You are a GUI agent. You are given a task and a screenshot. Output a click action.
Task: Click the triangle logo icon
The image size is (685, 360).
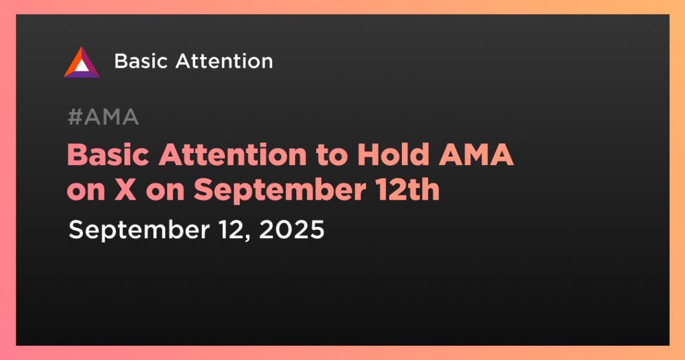82,62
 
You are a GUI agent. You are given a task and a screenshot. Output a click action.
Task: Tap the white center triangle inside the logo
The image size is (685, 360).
82,65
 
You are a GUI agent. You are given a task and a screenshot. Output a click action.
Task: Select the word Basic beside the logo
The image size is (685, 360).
141,61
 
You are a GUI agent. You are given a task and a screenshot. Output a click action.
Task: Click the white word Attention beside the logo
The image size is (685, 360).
224,61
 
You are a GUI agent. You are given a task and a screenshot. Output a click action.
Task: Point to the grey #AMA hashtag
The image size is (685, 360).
104,117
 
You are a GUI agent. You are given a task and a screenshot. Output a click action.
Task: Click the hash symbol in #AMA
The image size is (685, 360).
75,117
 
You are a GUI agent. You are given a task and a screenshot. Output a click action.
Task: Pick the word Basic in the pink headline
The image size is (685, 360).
108,154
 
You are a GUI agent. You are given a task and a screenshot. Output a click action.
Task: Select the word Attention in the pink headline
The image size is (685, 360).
233,154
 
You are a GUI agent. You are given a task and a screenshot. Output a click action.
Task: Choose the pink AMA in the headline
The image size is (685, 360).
476,154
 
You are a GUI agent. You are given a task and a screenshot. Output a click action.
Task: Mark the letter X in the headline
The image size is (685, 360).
126,190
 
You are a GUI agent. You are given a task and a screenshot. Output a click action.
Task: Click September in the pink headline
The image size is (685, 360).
280,190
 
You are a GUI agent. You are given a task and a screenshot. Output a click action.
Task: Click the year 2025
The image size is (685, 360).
292,229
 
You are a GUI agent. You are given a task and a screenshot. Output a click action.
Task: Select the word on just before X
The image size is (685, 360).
86,191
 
